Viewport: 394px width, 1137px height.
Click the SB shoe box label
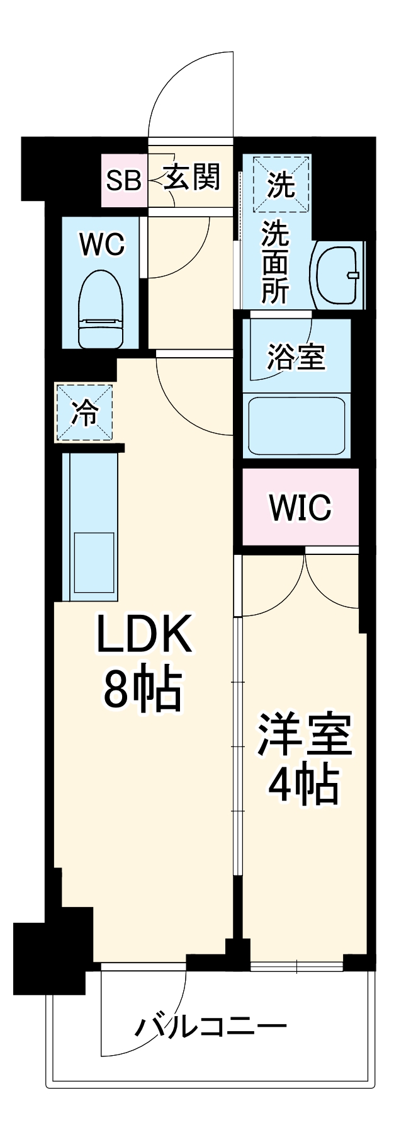(x=123, y=180)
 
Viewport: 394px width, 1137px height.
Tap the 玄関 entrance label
(x=193, y=177)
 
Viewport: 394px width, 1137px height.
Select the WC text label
(x=102, y=244)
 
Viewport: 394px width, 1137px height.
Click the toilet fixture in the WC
(x=101, y=308)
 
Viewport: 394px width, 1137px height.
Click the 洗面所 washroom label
(x=276, y=262)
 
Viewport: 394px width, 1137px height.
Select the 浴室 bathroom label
(x=295, y=356)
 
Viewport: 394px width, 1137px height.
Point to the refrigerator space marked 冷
(x=85, y=413)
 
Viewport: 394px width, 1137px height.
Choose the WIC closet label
(x=300, y=507)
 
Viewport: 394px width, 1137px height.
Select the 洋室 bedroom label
(x=303, y=734)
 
